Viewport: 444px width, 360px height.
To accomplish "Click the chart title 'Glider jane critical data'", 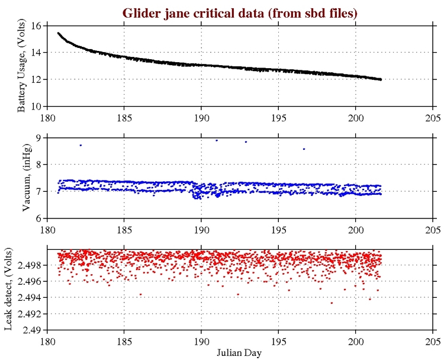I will (239, 12).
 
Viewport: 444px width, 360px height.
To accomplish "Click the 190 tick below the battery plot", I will (201, 116).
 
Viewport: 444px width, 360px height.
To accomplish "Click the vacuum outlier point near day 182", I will (81, 145).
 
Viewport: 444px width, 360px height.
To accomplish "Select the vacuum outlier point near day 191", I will (217, 140).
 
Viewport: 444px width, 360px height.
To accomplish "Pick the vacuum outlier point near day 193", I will (246, 142).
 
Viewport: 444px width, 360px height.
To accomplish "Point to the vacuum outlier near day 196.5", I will (304, 149).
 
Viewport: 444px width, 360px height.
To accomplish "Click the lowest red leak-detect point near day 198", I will (332, 303).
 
